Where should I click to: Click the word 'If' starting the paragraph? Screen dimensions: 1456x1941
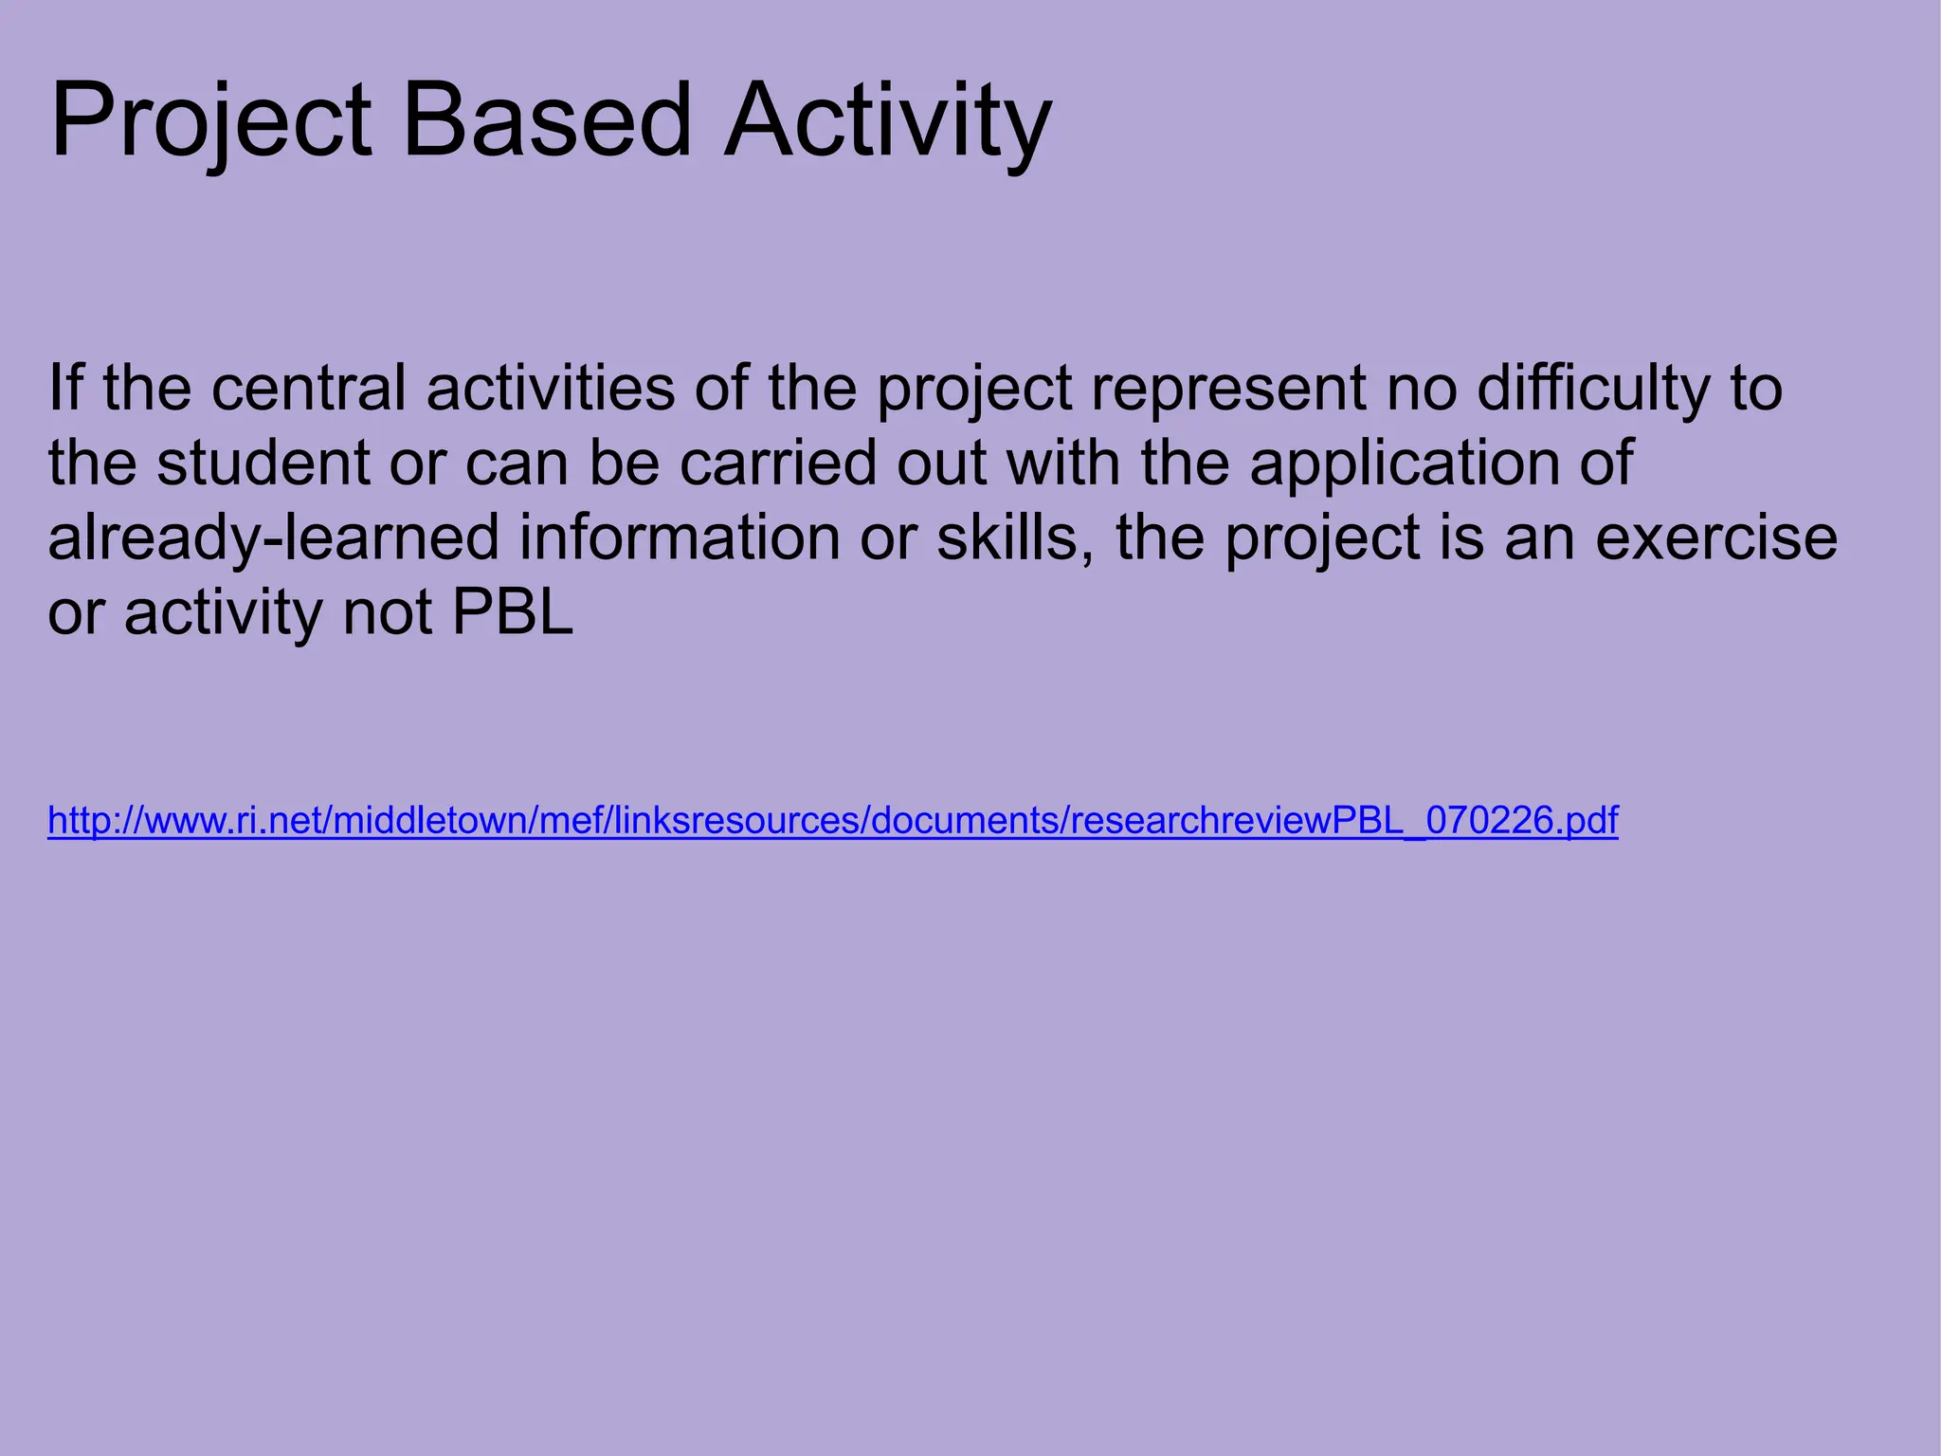65,389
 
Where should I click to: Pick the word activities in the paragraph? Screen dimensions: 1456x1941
550,389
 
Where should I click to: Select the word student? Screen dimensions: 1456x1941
263,464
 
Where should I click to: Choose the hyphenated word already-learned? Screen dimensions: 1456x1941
273,538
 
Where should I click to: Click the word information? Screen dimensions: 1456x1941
679,538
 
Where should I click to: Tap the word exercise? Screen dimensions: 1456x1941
1715,538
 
